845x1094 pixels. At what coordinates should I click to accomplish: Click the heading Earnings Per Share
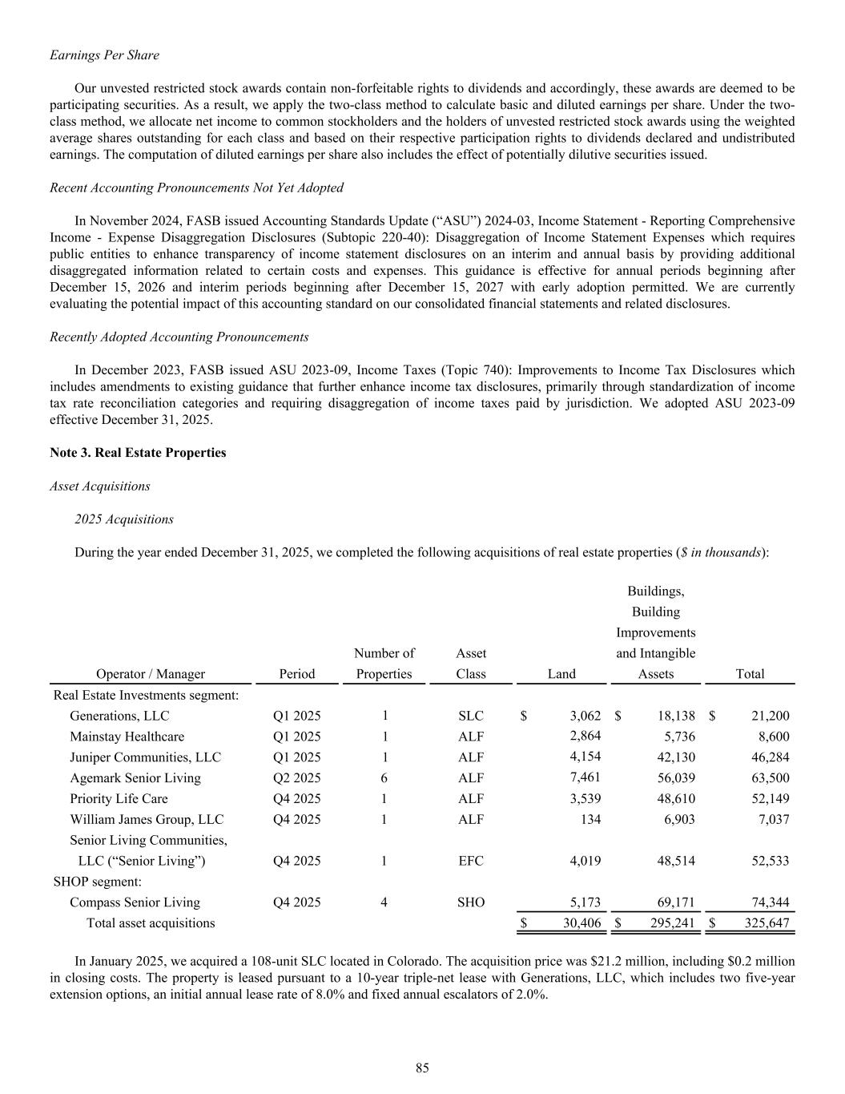tap(104, 55)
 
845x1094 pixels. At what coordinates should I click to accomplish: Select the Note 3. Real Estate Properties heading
tap(138, 453)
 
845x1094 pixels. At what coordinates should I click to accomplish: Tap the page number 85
tap(422, 1068)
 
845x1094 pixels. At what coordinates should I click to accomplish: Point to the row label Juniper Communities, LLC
tap(145, 757)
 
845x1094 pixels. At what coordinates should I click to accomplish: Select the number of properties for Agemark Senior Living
tap(384, 778)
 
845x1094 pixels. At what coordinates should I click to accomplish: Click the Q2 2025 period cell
tap(296, 778)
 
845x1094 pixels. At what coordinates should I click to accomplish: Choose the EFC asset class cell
tap(470, 861)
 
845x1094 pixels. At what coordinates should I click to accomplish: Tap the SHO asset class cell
tap(470, 902)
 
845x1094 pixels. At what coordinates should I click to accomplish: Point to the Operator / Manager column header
tap(151, 674)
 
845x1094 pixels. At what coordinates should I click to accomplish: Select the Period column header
tap(296, 674)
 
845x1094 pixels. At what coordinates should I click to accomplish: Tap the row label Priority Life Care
tap(119, 799)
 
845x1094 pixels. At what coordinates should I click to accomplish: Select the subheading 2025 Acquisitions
tap(124, 519)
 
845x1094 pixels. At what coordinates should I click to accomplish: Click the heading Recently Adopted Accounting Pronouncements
tap(179, 337)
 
